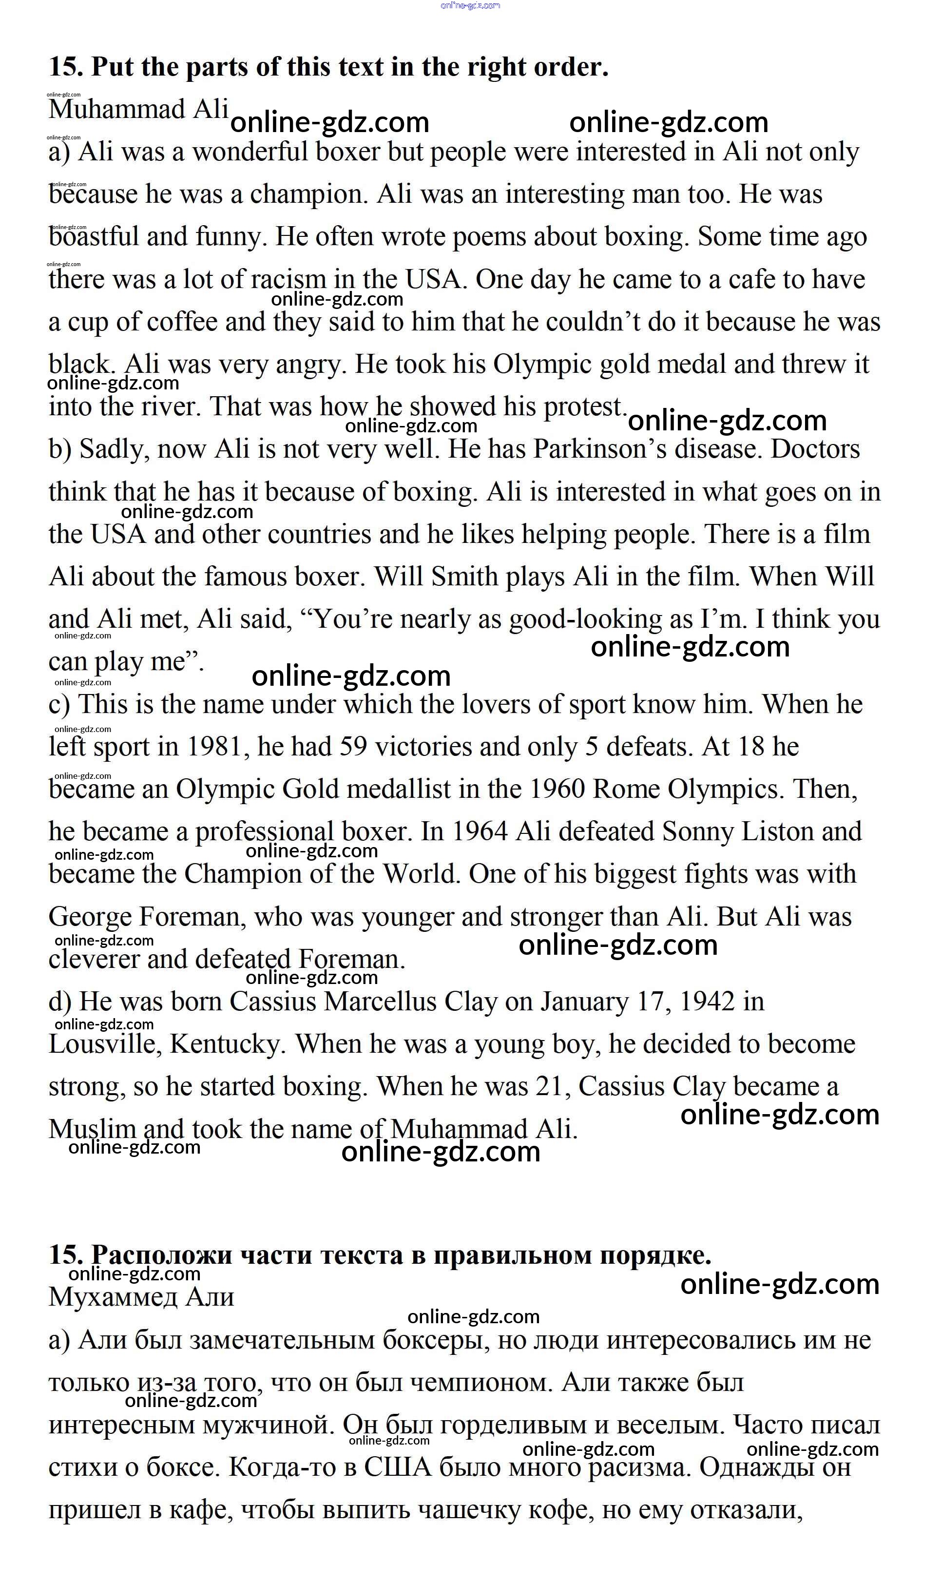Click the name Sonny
(x=697, y=831)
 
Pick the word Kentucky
(x=225, y=1044)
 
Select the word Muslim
(x=92, y=1129)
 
